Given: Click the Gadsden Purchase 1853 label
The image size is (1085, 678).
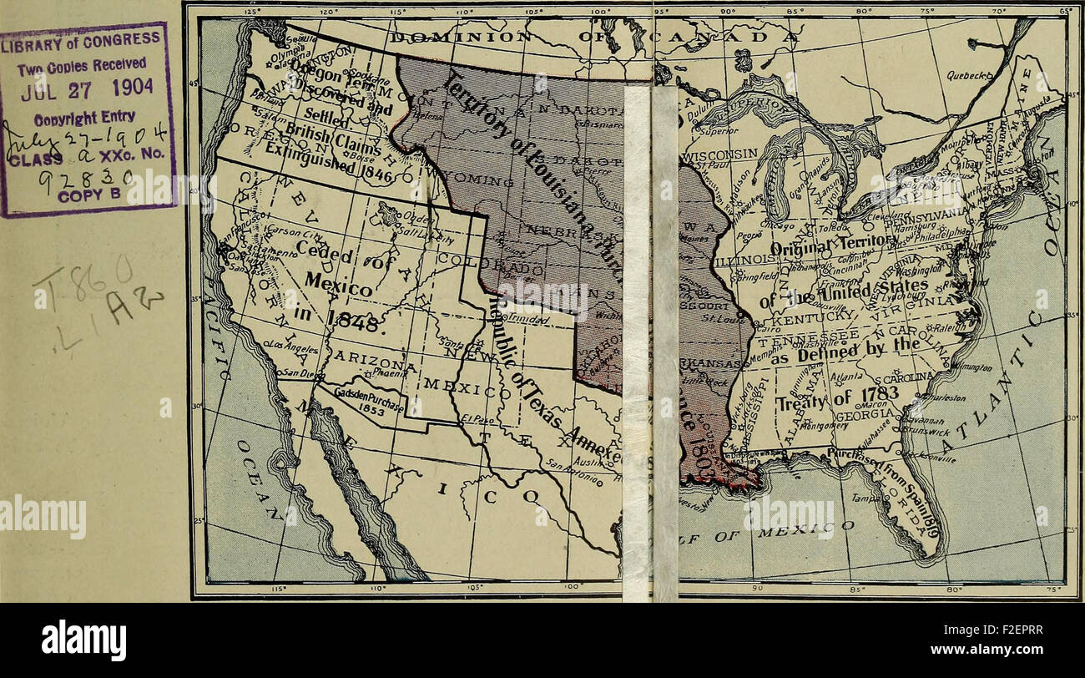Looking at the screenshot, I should point(367,401).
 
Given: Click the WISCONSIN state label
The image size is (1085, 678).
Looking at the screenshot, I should point(720,154).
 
